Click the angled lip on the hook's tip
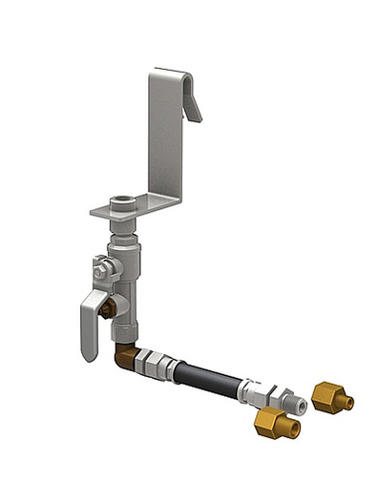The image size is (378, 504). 192,104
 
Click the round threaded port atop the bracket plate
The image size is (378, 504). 122,201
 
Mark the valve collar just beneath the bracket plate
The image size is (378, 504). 123,228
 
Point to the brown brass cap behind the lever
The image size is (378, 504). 108,308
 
